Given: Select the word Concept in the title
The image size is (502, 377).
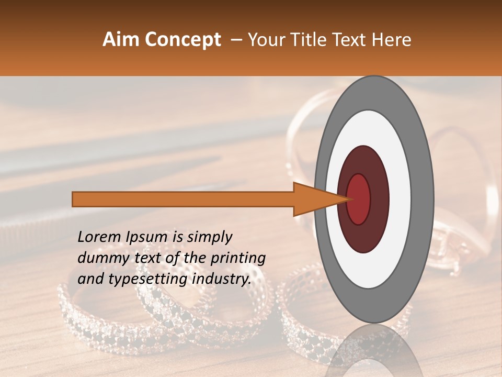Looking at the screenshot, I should coord(182,40).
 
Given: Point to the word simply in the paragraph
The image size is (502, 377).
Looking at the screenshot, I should coord(210,237).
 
